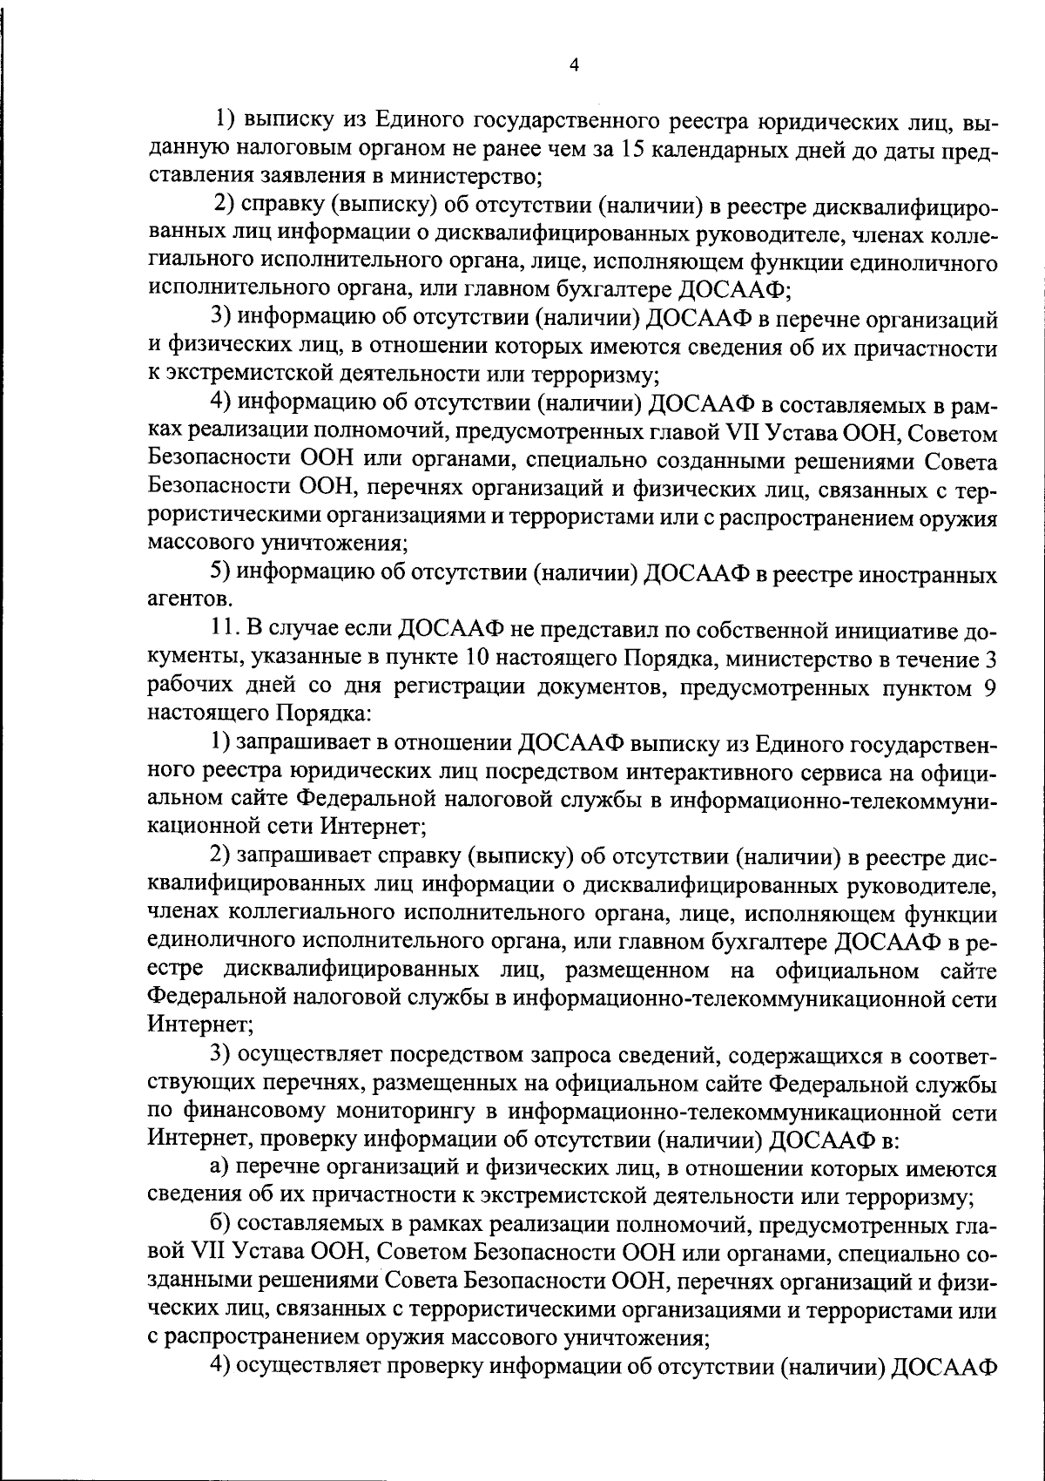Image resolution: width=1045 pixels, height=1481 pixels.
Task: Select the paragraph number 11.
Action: pyautogui.click(x=225, y=631)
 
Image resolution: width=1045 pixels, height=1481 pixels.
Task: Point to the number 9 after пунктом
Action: pyautogui.click(x=989, y=687)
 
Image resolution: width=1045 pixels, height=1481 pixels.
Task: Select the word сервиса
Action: pyautogui.click(x=738, y=772)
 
